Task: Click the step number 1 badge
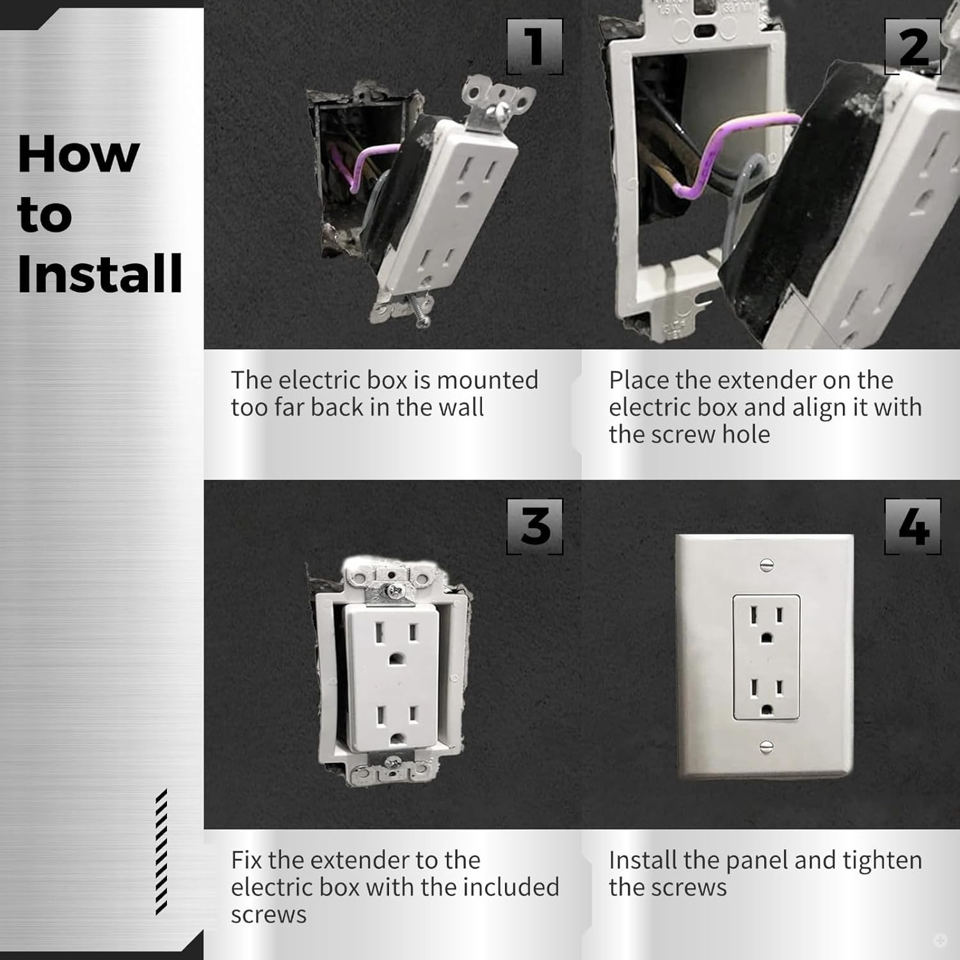[535, 47]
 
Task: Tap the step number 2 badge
[913, 47]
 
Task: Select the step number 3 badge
[535, 527]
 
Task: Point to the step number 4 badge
[913, 527]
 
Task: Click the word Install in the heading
[100, 273]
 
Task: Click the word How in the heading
[78, 154]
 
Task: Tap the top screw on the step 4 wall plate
[767, 565]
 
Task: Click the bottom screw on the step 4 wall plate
[767, 746]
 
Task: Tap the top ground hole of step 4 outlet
[767, 637]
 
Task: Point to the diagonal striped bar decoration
[161, 851]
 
